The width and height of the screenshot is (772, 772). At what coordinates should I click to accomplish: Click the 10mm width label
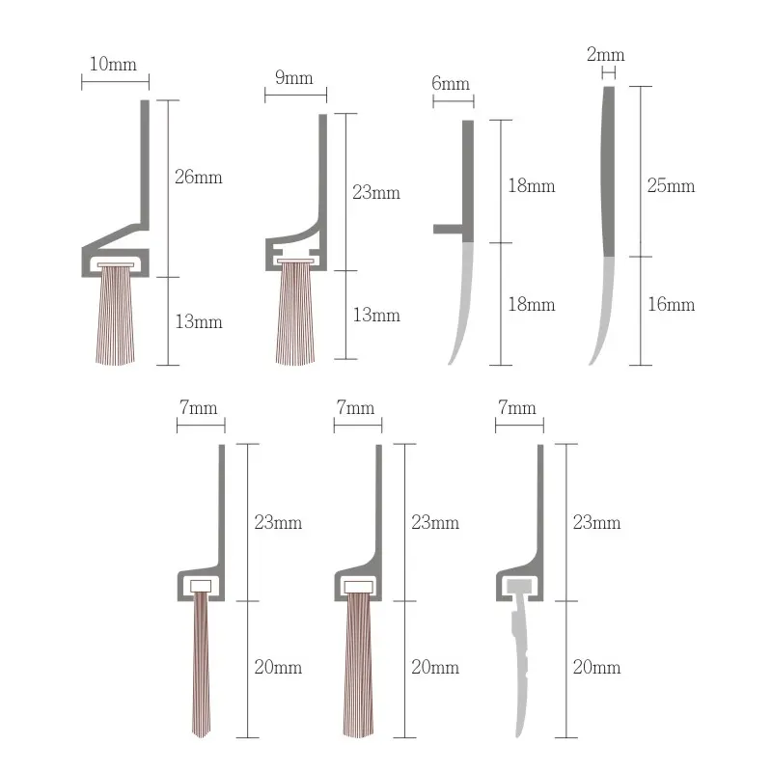point(114,65)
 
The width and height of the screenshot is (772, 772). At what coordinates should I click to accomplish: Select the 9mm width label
point(294,77)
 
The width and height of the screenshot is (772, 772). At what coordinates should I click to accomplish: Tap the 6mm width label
point(451,83)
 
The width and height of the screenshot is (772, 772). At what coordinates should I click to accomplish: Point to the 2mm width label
point(606,54)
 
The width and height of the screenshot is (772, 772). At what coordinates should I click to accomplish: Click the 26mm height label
point(199,177)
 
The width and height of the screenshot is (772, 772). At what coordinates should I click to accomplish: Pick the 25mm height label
point(671,185)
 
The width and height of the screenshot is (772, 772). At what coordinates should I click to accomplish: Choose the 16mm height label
point(671,305)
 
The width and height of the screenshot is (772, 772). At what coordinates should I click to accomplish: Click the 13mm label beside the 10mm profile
point(199,322)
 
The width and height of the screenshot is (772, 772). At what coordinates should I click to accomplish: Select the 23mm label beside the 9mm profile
point(376,193)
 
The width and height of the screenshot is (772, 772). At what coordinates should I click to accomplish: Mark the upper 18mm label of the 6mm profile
point(532,185)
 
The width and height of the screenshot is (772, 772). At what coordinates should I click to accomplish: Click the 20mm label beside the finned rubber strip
point(596,667)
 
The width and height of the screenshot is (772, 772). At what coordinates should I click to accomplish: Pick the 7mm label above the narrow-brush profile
point(199,408)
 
